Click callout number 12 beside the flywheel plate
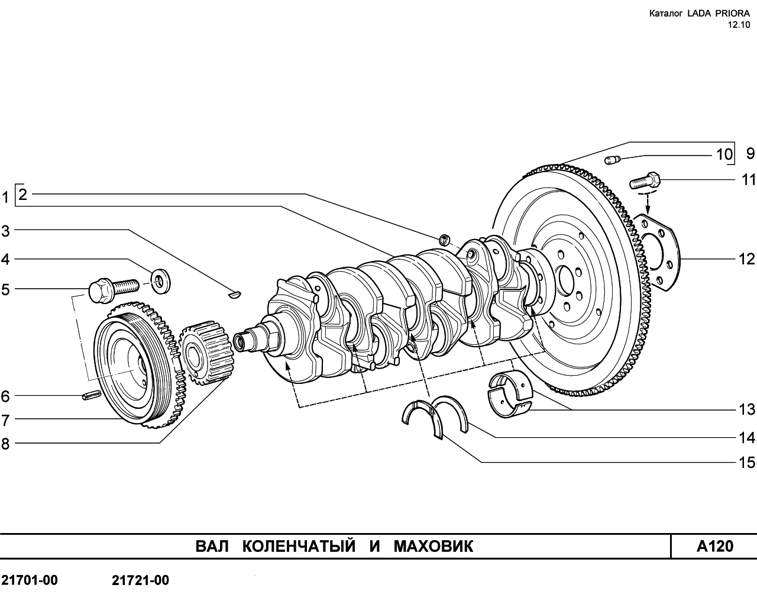747,259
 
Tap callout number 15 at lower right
747,462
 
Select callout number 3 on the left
5,231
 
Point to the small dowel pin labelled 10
612,159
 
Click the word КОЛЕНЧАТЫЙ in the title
299,545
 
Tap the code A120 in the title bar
714,545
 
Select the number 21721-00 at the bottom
140,580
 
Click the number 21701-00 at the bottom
30,580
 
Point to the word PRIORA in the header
729,13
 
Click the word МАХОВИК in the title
434,545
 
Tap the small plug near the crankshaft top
444,239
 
